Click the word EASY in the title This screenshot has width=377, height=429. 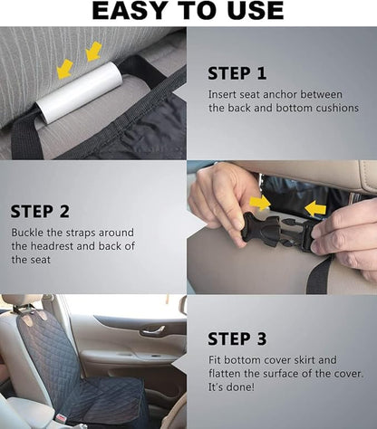(130, 11)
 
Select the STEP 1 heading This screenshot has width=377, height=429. (237, 73)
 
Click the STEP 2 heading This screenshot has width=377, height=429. (40, 212)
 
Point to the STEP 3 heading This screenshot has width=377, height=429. (237, 338)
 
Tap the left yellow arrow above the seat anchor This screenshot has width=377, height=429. (65, 67)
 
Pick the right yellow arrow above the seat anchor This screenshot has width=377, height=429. (92, 52)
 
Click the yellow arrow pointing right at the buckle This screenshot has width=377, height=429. (260, 203)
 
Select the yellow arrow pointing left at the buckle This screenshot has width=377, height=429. (314, 209)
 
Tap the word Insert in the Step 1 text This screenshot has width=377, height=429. (224, 93)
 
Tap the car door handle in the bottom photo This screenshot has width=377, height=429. (152, 330)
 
